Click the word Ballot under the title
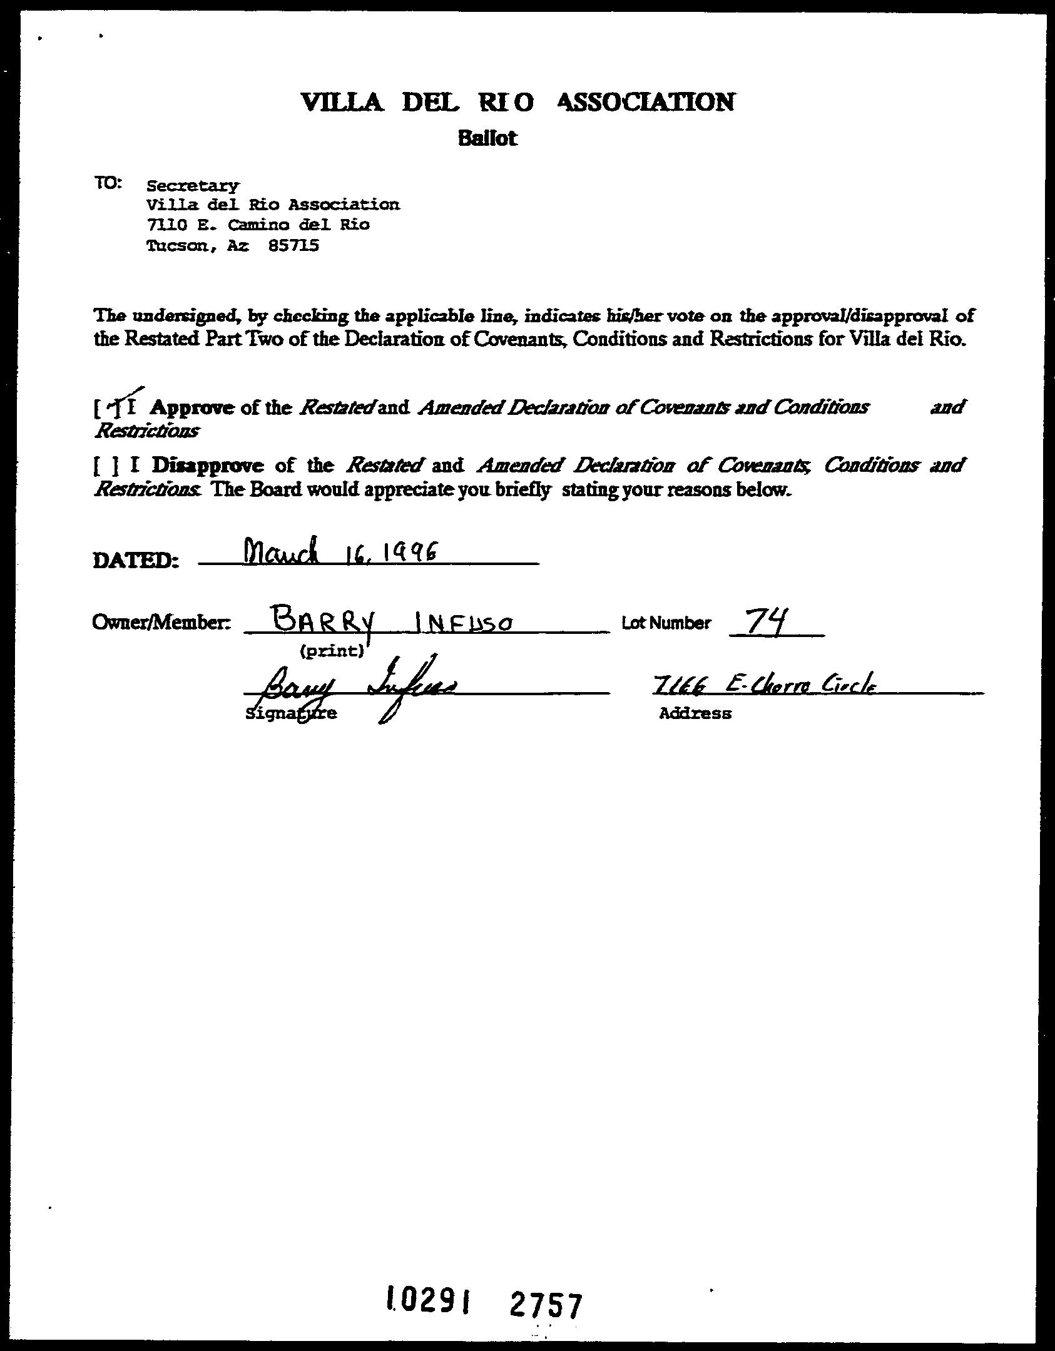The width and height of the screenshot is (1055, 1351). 487,138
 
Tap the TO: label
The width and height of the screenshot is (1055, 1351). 110,183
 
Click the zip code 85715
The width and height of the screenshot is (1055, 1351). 293,246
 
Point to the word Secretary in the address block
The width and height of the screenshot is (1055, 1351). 192,186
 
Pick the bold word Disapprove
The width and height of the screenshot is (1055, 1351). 208,466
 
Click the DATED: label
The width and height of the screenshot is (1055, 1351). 136,560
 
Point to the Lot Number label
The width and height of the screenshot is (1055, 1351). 666,623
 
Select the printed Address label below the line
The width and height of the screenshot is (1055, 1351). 695,713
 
